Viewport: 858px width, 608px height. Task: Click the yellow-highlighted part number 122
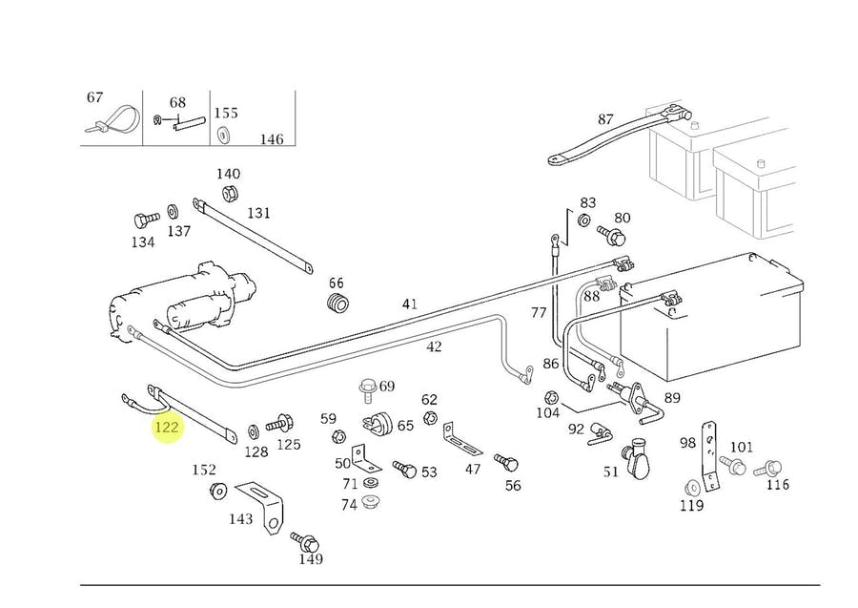(166, 426)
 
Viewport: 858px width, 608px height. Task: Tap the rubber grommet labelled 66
(338, 304)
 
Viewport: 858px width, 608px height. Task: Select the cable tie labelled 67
(112, 121)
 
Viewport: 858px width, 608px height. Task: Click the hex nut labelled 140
(229, 194)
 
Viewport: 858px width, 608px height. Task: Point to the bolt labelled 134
(146, 220)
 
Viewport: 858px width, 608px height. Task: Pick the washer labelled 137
(173, 211)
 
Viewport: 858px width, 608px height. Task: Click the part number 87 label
(605, 119)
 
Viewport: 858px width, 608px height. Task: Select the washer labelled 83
(583, 220)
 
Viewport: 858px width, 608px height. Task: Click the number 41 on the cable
(409, 304)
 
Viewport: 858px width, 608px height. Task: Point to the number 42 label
(434, 346)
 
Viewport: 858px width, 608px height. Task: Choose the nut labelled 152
(218, 491)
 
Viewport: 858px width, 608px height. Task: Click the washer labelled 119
(692, 487)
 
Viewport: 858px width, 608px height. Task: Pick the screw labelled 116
(768, 469)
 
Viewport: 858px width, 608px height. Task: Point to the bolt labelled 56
(506, 462)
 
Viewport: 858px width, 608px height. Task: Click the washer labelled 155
(223, 135)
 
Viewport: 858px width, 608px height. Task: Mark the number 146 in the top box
(272, 139)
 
